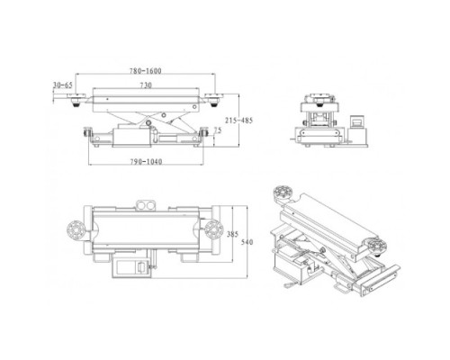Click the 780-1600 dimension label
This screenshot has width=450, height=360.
[x=146, y=71]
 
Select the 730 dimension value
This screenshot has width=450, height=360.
[x=146, y=85]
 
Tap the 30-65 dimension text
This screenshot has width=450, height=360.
[x=63, y=85]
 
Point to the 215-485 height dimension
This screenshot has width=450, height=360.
[x=238, y=121]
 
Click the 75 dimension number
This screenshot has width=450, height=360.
[x=218, y=130]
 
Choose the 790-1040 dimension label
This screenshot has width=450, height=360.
[x=146, y=162]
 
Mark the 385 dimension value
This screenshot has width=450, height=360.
[x=232, y=234]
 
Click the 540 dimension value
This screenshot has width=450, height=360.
[x=247, y=242]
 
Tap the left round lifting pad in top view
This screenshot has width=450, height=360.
[x=76, y=229]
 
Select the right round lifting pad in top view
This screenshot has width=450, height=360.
[x=214, y=229]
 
